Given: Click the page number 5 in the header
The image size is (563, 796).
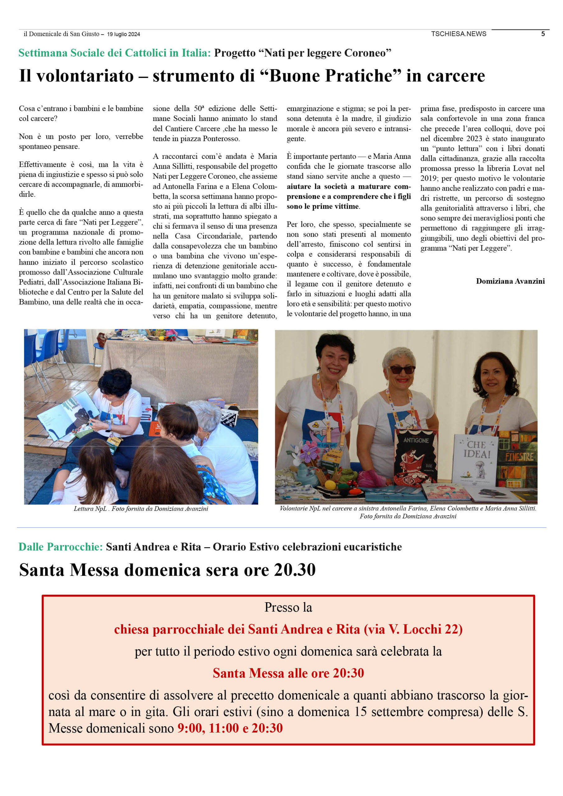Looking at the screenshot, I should [543, 34].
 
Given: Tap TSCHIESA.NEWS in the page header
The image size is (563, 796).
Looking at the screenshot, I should [458, 34].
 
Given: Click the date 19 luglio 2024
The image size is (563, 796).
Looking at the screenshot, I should [123, 34].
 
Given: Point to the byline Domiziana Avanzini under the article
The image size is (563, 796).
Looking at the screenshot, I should [510, 281].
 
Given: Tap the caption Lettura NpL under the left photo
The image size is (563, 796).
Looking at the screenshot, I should [90, 509].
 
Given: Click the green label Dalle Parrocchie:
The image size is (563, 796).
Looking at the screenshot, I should [60, 547].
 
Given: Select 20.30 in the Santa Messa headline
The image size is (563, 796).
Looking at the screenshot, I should [295, 570].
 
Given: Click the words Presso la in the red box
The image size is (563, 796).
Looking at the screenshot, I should [288, 607].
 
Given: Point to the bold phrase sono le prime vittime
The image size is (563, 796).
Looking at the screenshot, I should [323, 207].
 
